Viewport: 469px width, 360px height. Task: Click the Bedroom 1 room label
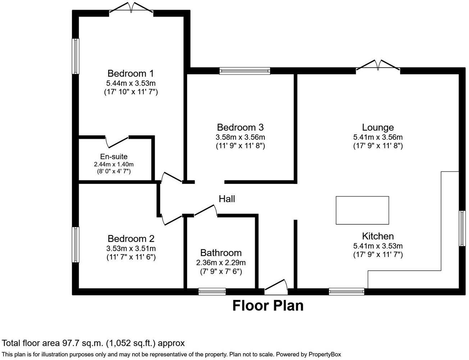click(131, 73)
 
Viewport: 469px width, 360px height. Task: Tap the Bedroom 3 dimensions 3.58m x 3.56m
click(240, 137)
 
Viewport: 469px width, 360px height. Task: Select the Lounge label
click(378, 127)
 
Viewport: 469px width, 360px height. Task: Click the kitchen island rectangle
click(362, 210)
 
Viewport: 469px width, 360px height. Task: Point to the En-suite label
click(114, 157)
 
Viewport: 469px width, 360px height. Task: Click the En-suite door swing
click(117, 141)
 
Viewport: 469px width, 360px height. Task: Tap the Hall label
click(227, 199)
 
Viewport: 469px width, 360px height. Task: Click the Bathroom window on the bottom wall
click(212, 292)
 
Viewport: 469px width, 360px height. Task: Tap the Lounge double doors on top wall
click(378, 66)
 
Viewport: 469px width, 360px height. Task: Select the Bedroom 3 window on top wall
click(245, 71)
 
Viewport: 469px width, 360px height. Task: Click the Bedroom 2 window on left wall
click(76, 245)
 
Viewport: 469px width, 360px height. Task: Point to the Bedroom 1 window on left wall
click(76, 56)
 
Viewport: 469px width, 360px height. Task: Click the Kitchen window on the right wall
click(462, 229)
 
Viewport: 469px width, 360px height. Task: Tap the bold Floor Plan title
click(268, 306)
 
